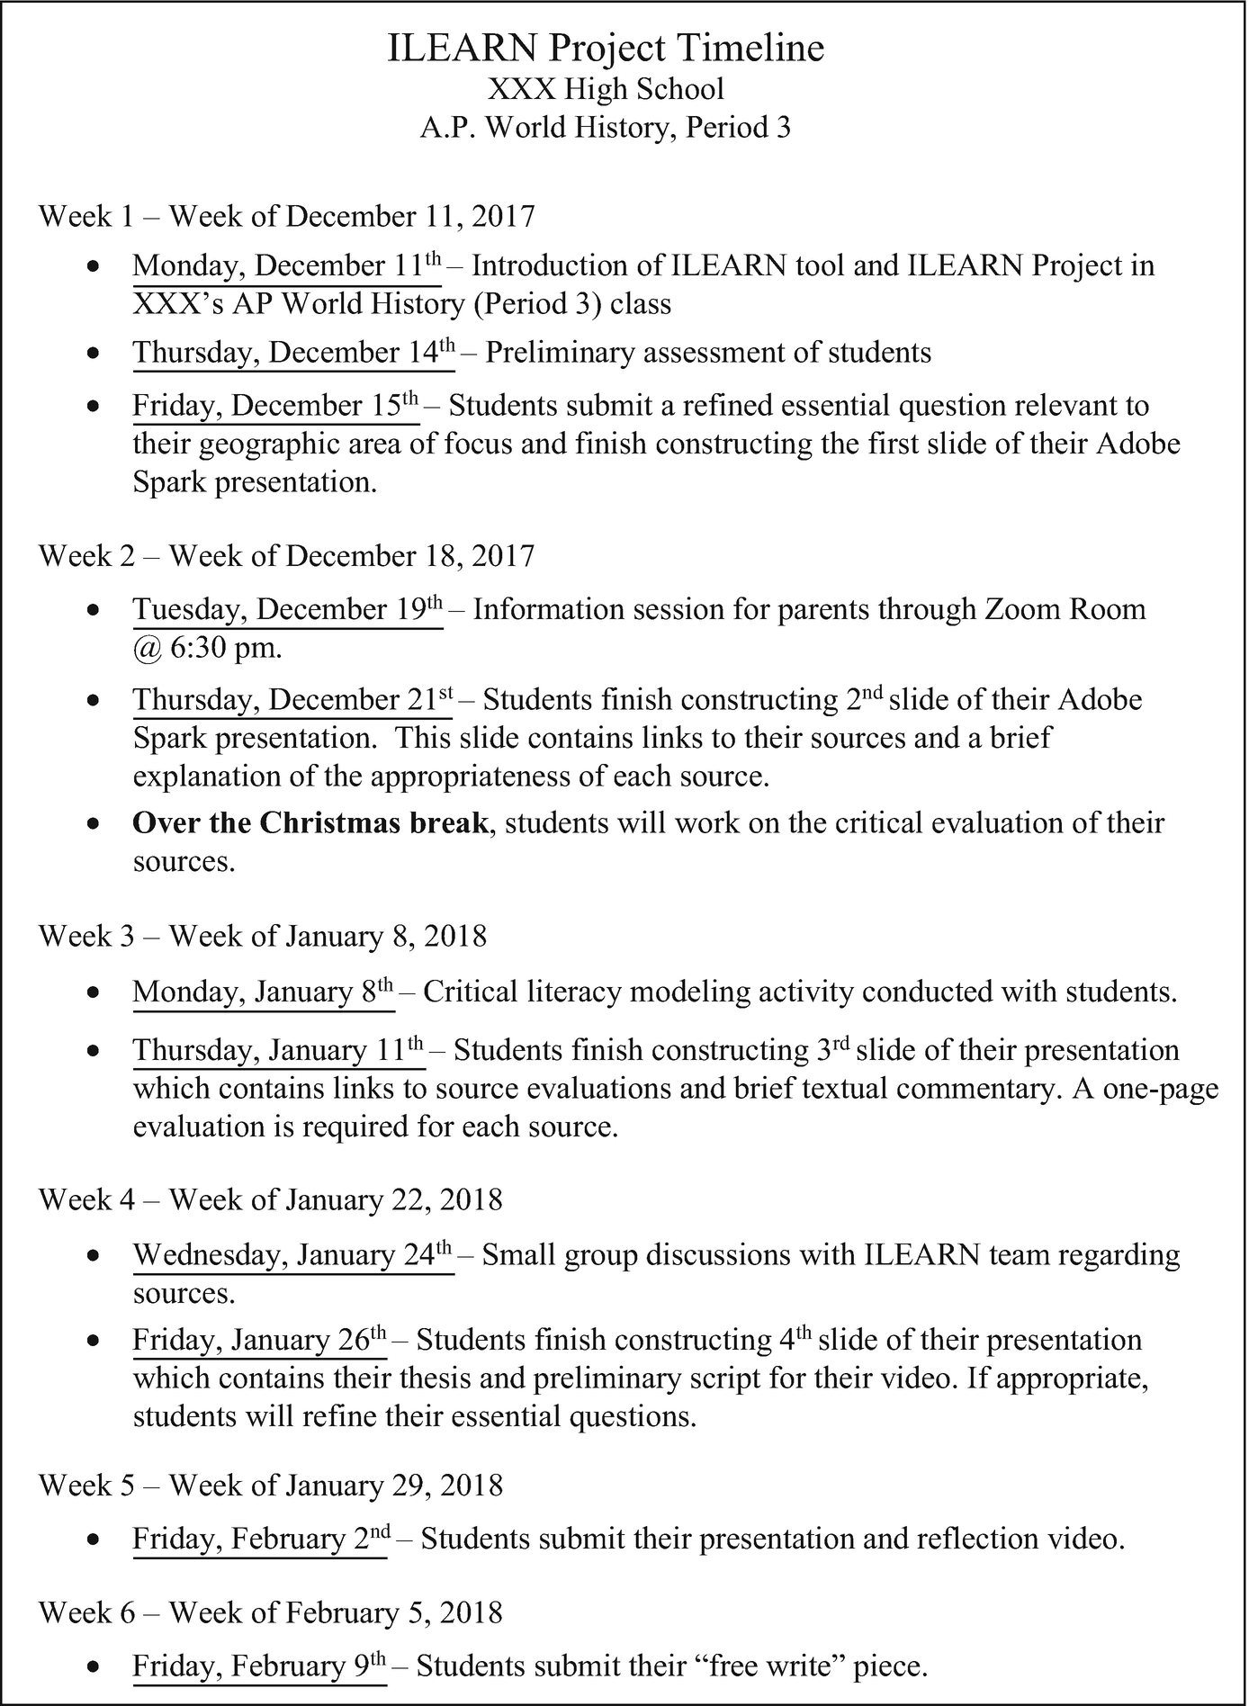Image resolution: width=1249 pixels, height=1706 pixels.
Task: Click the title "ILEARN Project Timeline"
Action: (606, 48)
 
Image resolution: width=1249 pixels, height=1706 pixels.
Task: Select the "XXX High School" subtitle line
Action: (606, 89)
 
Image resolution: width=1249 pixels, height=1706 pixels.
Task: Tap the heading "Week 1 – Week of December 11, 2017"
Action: (286, 217)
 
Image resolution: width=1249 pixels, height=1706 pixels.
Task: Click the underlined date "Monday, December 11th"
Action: (287, 267)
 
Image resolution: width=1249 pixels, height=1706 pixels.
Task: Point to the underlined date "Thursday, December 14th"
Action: (293, 353)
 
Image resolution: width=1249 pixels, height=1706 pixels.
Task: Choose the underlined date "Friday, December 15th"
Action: (275, 407)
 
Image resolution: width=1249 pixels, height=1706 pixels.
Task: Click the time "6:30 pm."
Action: (226, 648)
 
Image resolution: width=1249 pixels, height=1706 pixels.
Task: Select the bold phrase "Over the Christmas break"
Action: (310, 823)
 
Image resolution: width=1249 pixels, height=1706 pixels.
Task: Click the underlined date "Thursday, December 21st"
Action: (292, 700)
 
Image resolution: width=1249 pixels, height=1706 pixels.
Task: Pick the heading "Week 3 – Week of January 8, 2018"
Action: (262, 937)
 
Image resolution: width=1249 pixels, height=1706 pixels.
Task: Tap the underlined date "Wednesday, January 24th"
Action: (292, 1255)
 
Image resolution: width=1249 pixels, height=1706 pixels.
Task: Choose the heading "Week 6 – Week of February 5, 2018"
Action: (270, 1612)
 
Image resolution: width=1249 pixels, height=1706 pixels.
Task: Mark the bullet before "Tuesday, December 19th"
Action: (92, 611)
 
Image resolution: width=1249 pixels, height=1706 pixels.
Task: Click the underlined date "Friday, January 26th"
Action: (259, 1341)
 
